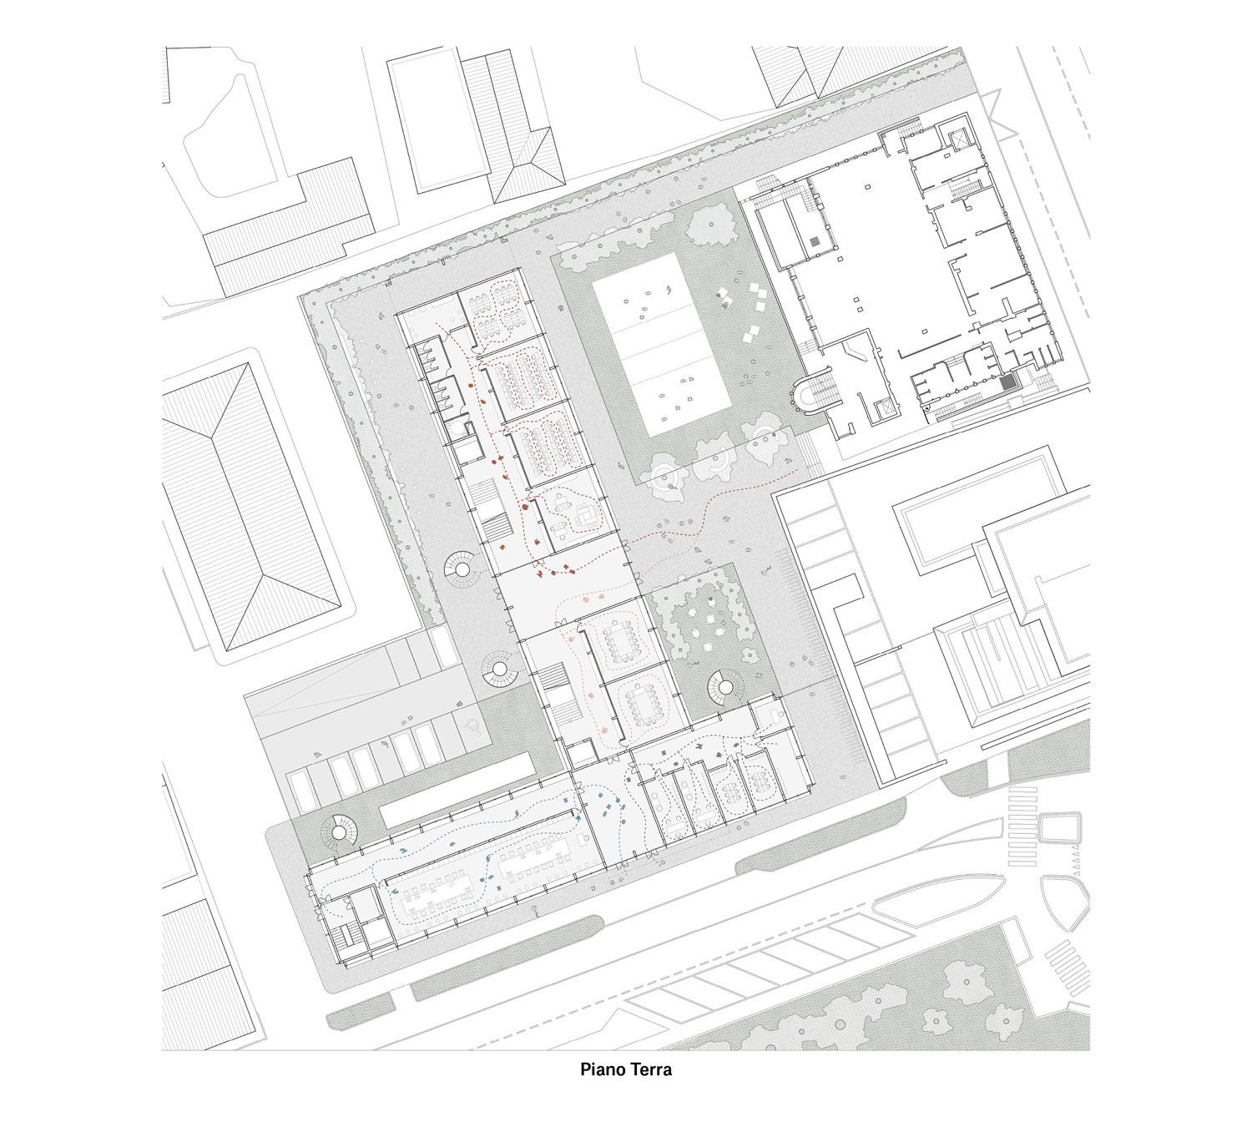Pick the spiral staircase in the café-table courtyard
[723, 688]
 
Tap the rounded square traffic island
[1060, 828]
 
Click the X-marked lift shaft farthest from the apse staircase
[957, 139]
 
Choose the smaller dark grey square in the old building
[815, 241]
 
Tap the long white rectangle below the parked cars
[457, 791]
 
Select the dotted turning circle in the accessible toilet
[459, 427]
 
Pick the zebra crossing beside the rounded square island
[1022, 826]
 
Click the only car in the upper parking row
[444, 647]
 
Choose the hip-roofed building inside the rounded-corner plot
[250, 506]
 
